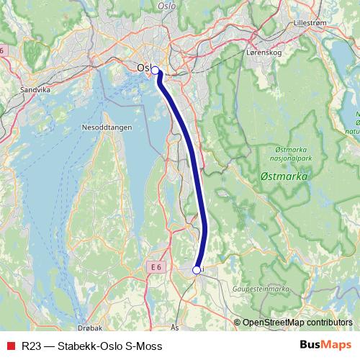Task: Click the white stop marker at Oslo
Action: tap(155, 70)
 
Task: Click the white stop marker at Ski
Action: tap(197, 270)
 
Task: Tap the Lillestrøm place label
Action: tap(310, 22)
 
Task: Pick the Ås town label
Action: tap(176, 326)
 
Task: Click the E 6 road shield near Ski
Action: tap(156, 267)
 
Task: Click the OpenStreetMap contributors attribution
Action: tap(297, 323)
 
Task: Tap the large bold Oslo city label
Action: tap(144, 68)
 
